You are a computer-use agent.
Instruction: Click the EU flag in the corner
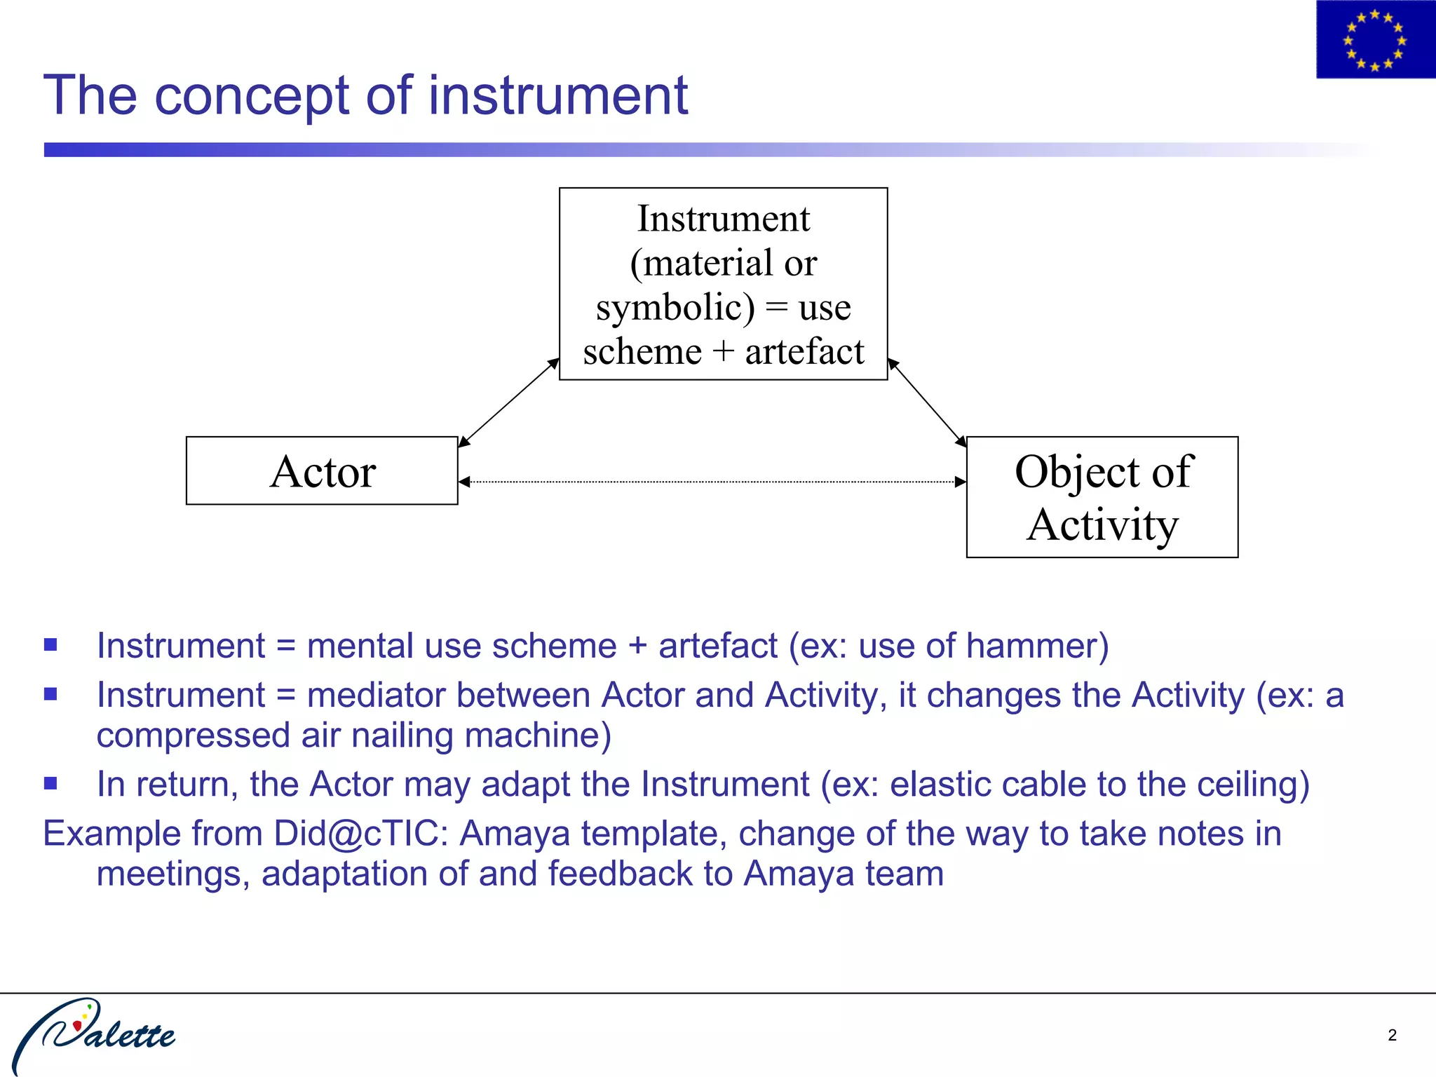pyautogui.click(x=1374, y=39)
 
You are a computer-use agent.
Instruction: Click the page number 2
pyautogui.click(x=1392, y=1035)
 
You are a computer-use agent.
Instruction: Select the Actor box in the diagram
pyautogui.click(x=322, y=470)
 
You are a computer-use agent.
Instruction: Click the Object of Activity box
pyautogui.click(x=1102, y=497)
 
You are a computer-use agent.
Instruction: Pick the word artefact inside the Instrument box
pyautogui.click(x=804, y=351)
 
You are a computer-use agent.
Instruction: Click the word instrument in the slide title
pyautogui.click(x=558, y=95)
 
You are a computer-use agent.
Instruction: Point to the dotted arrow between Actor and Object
pyautogui.click(x=712, y=482)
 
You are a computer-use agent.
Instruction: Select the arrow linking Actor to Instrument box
pyautogui.click(x=508, y=402)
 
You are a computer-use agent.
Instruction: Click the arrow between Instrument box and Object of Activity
pyautogui.click(x=927, y=402)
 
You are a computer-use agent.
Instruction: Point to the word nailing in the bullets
pyautogui.click(x=402, y=736)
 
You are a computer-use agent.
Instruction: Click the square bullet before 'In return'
pyautogui.click(x=50, y=783)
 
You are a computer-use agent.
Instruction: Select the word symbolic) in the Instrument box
pyautogui.click(x=675, y=308)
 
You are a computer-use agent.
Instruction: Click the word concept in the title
pyautogui.click(x=252, y=95)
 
